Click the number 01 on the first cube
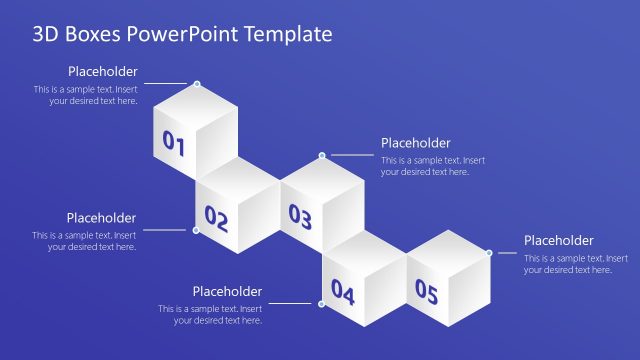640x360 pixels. (x=174, y=144)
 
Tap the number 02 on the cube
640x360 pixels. (x=217, y=216)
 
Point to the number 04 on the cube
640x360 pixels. (x=343, y=292)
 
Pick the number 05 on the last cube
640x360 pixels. (x=427, y=292)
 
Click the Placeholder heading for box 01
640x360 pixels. (x=103, y=71)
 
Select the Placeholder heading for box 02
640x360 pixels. (x=101, y=217)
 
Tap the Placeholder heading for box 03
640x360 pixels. (x=416, y=143)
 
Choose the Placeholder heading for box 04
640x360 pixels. (x=227, y=291)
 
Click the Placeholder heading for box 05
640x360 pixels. (x=559, y=240)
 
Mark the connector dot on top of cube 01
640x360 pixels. (x=197, y=84)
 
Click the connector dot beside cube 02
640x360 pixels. (x=196, y=230)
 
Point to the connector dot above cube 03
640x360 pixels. (x=322, y=156)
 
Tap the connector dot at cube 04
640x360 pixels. (x=322, y=303)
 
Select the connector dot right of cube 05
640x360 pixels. (x=489, y=253)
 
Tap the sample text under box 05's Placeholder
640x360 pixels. (x=567, y=263)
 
